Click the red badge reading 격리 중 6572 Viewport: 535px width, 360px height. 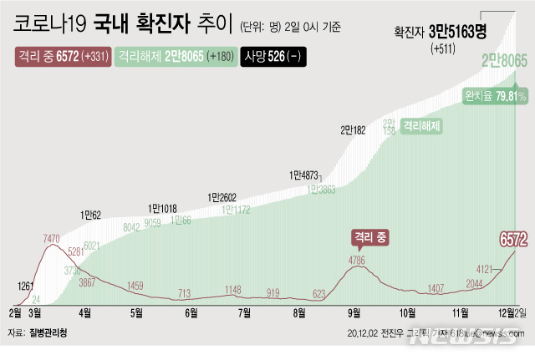click(x=63, y=57)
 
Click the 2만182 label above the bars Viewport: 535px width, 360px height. click(x=353, y=129)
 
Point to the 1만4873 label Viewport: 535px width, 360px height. click(x=304, y=175)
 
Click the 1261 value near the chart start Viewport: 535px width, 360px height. click(x=25, y=286)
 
